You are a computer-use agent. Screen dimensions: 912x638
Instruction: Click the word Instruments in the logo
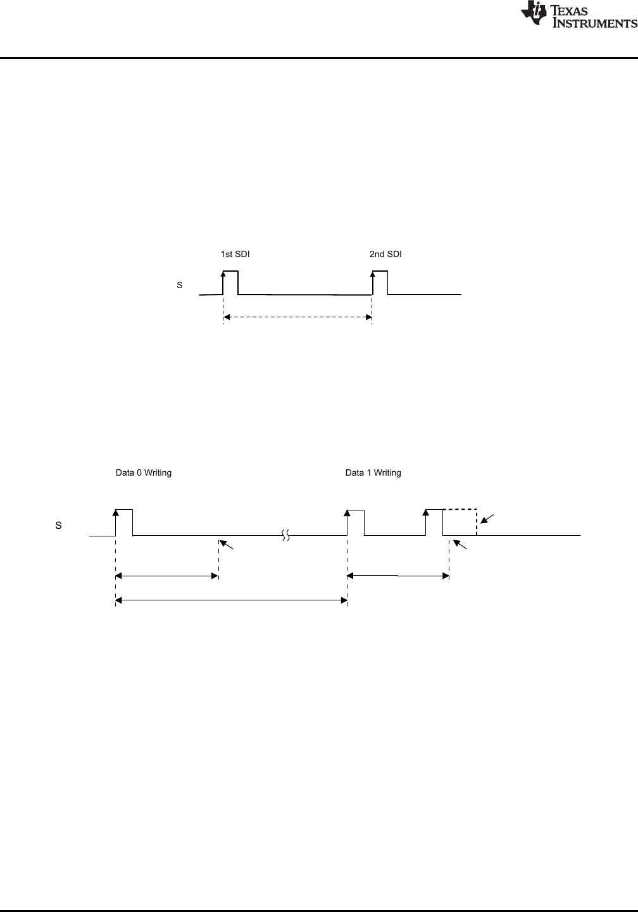pos(596,23)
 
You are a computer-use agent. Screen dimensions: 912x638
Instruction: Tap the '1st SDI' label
pos(235,254)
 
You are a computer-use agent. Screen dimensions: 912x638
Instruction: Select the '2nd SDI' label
pos(385,254)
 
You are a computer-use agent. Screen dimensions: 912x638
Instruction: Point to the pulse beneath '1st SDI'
pos(230,282)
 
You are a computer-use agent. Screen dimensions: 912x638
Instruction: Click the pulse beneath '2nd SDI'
pos(380,282)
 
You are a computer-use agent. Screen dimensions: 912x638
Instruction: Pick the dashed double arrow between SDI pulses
pos(297,317)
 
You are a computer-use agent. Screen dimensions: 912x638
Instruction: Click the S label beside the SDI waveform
pos(180,286)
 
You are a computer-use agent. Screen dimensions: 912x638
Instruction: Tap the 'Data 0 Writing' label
pos(143,472)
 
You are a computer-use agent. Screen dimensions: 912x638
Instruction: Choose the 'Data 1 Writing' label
pos(373,472)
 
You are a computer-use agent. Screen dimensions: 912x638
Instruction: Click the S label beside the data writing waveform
pos(59,526)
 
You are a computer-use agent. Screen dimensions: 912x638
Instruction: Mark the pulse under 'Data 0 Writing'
pos(123,522)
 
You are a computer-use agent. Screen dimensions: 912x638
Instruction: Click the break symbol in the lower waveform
pos(286,536)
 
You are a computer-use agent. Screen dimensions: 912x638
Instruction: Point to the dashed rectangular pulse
pos(460,522)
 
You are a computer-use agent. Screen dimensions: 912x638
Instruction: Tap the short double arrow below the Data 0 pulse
pos(167,576)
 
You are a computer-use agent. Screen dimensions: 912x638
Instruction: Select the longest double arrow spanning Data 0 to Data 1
pos(232,599)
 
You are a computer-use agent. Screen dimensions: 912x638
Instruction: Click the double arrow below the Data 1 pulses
pos(398,576)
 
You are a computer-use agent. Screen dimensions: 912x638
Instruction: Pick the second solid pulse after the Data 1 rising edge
pos(434,522)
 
